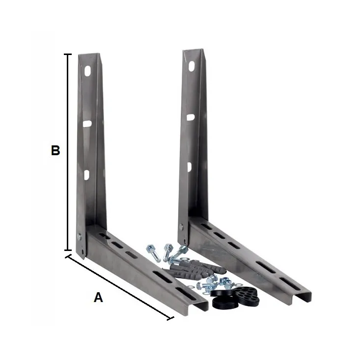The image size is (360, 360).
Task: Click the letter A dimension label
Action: point(98,297)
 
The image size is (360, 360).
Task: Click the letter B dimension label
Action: point(55,151)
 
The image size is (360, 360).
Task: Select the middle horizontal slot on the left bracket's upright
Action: point(87,124)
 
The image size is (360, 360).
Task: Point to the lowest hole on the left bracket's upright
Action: point(86,174)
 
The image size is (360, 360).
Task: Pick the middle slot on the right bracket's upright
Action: point(190,117)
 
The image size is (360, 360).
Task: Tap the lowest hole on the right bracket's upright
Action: point(189,167)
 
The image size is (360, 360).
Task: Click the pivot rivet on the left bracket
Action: point(79,237)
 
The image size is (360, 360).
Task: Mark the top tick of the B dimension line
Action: point(68,55)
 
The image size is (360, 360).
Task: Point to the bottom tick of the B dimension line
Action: point(68,250)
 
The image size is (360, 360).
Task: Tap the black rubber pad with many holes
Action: point(248,294)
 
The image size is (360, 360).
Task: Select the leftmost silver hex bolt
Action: point(154,252)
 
